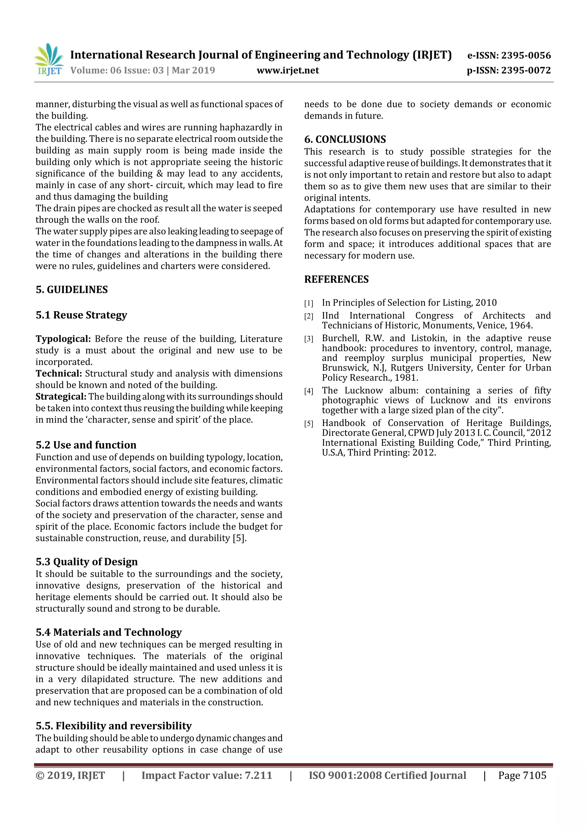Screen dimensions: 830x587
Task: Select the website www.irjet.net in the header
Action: (x=287, y=70)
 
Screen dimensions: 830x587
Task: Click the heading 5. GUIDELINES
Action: (x=72, y=290)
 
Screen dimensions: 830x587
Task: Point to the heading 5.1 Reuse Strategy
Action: (x=81, y=315)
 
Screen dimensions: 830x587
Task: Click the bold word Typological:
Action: (x=63, y=339)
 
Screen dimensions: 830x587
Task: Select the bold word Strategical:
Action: (x=61, y=397)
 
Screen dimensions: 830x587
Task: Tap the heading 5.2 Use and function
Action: (x=86, y=445)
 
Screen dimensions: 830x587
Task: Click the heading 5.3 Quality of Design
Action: (x=87, y=562)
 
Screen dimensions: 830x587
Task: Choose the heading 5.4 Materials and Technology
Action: (x=109, y=632)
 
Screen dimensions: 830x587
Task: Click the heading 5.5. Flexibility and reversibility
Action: (x=114, y=725)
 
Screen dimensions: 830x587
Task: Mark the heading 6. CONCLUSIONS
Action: (x=345, y=139)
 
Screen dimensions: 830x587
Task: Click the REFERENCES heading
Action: (x=336, y=279)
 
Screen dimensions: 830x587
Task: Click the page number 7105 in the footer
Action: (x=535, y=775)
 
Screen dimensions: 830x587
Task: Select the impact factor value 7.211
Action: (x=258, y=775)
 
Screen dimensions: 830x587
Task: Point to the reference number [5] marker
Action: (x=308, y=424)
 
